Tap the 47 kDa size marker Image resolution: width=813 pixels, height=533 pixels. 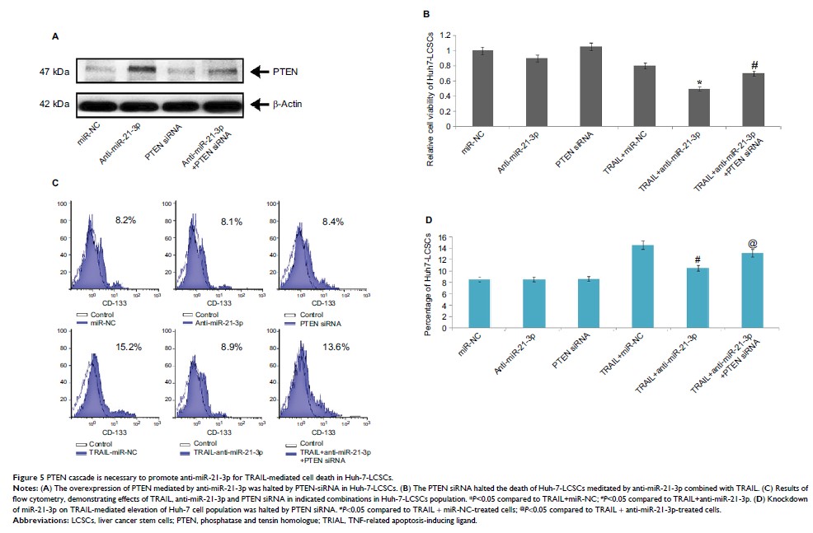coord(54,72)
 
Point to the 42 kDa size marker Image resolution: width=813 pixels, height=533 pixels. coord(54,105)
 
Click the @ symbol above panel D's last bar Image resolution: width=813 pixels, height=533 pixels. coord(751,244)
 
